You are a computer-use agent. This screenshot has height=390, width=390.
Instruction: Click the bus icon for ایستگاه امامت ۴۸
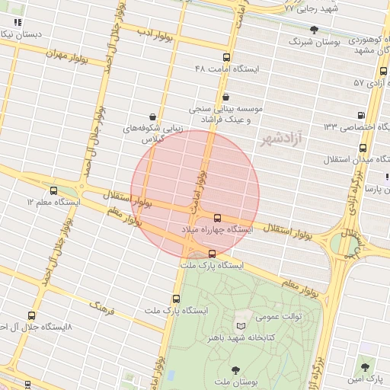click(x=225, y=57)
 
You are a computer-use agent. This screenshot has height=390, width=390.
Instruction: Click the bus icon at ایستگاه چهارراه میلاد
click(x=218, y=217)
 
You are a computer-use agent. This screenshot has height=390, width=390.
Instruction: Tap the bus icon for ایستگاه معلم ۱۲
click(x=53, y=190)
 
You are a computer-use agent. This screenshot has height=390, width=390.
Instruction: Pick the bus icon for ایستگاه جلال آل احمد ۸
click(x=31, y=315)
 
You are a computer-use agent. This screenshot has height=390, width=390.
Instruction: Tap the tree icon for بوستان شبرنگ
click(x=314, y=30)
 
